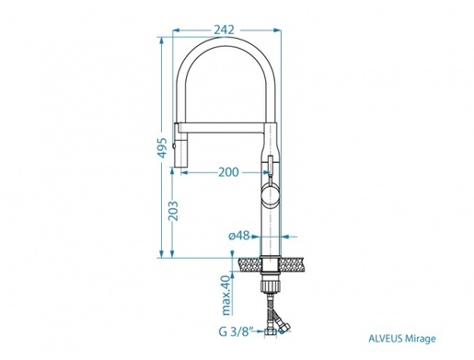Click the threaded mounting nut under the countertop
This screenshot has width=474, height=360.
pyautogui.click(x=271, y=274)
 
